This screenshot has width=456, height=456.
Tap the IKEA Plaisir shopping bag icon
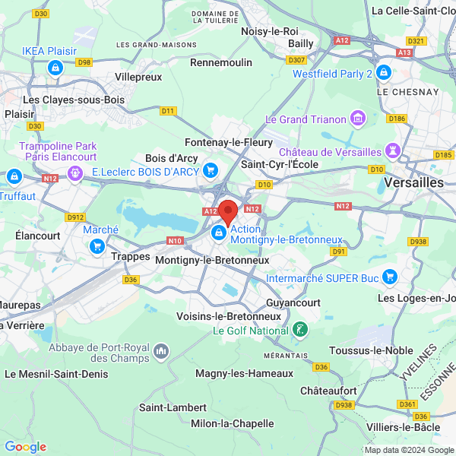[x=55, y=68]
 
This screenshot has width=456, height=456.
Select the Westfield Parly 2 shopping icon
[x=384, y=74]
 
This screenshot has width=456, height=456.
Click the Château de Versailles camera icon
[x=393, y=150]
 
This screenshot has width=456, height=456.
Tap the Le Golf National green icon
[x=301, y=330]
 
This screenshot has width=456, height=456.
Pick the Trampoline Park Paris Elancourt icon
[x=74, y=174]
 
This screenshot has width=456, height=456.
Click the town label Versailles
[x=413, y=183]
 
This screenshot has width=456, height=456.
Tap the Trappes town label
[x=130, y=256]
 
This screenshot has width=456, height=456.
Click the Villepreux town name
[x=138, y=77]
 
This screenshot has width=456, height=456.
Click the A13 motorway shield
[x=404, y=52]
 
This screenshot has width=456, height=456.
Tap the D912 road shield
[x=75, y=217]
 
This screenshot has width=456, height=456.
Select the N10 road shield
[x=175, y=241]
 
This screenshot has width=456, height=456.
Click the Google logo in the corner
[x=25, y=447]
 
